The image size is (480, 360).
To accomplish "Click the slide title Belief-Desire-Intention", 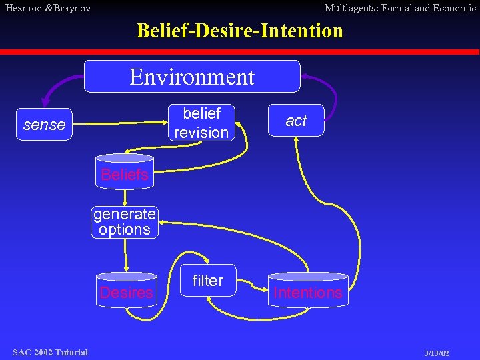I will pos(239,31).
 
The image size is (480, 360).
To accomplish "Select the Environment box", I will pos(192,77).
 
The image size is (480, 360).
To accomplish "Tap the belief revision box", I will pos(201,123).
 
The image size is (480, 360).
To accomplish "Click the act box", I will pos(296,121).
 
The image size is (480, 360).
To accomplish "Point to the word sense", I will pos(44,125).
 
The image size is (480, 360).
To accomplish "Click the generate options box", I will pos(125,222).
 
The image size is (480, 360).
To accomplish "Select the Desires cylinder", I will pos(126,291).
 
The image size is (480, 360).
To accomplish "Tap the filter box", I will pos(207,281).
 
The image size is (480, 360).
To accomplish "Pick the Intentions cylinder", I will pos(307,290).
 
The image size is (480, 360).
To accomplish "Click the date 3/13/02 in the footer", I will pos(436,353).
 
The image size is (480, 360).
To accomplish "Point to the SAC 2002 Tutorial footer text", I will pos(50,352).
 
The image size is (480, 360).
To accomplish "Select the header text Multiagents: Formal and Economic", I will pos(399,8).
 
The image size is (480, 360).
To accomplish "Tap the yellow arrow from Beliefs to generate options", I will pos(125,197).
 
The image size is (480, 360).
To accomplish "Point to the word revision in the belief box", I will pos(201,132).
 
